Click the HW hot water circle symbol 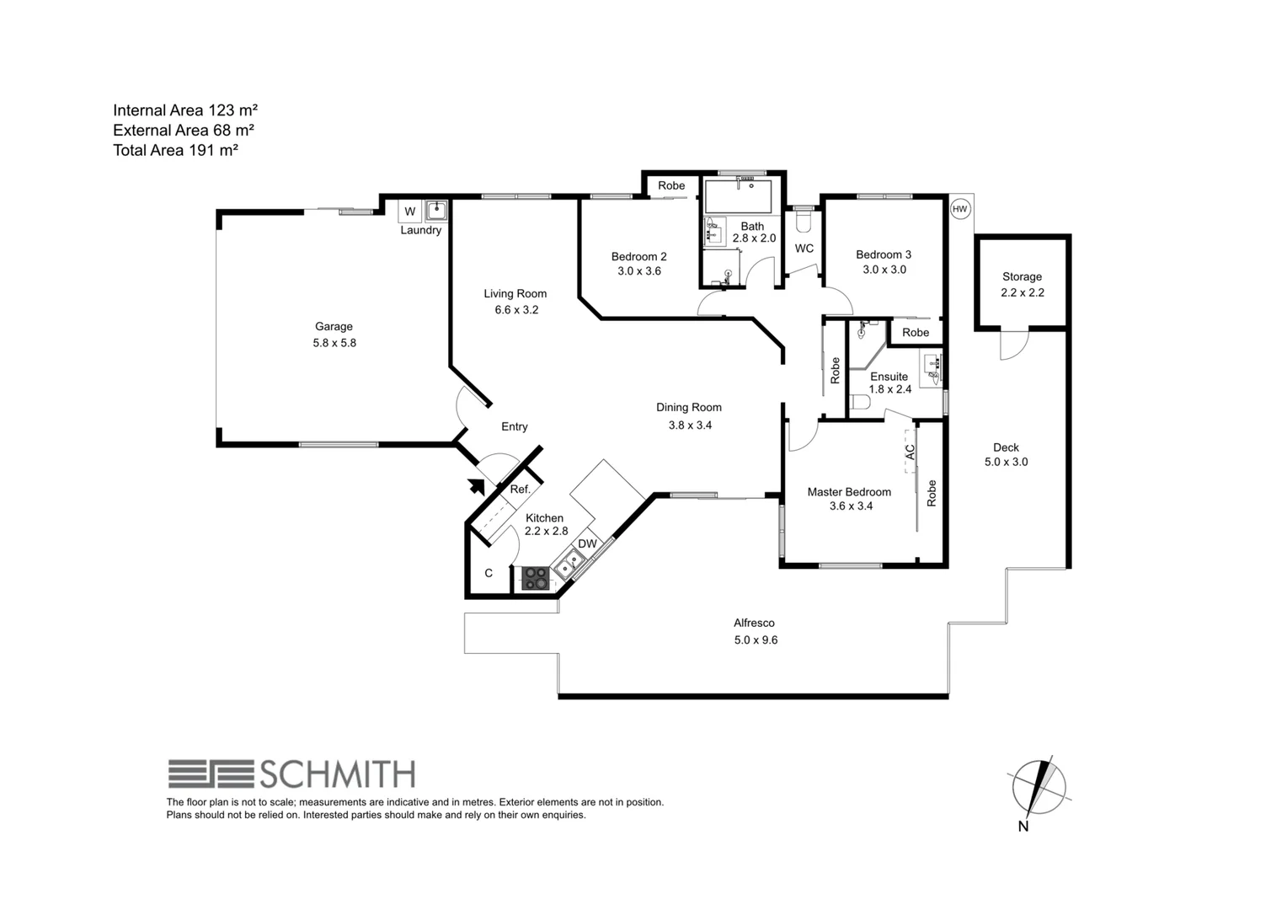pos(959,209)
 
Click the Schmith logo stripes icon pos(211,773)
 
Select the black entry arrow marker pos(477,485)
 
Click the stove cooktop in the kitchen pos(536,578)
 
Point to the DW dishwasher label pos(587,544)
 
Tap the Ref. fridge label pos(520,490)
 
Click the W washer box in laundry pos(410,211)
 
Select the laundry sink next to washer pos(436,210)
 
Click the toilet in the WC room pos(803,221)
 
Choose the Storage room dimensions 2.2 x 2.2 pos(1022,293)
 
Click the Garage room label pos(334,327)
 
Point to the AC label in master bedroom pos(910,452)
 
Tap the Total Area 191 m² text pos(176,151)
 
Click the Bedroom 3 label pos(884,254)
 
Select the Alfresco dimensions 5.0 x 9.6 pos(755,640)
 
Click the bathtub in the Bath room pos(738,197)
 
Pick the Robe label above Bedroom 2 pos(671,185)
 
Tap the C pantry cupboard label pos(489,574)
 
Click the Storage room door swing pos(1014,345)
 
